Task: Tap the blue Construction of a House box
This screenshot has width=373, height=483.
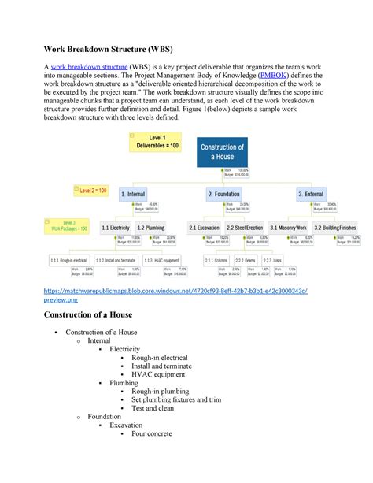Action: [x=223, y=151]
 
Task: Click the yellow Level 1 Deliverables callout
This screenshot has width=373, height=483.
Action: [x=164, y=142]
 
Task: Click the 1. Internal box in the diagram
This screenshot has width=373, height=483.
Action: [x=138, y=194]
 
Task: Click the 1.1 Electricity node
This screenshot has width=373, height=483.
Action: [x=116, y=228]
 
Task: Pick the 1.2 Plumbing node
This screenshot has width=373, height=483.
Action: [x=151, y=228]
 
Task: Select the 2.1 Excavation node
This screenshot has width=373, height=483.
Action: [x=204, y=228]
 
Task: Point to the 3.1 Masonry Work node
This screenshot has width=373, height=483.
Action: [x=290, y=228]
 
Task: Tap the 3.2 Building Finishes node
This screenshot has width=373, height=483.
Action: [x=336, y=228]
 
